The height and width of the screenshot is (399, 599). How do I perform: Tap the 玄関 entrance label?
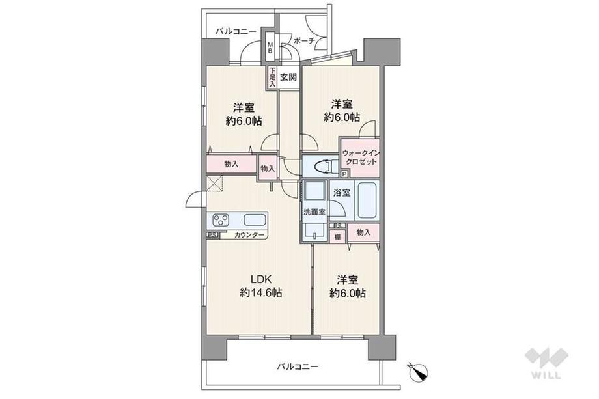288,77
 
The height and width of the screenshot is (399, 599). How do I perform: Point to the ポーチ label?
304,41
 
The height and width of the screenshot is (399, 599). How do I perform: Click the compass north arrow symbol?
417,370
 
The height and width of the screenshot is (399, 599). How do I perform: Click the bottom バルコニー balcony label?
297,367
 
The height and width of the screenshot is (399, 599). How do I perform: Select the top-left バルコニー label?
236,31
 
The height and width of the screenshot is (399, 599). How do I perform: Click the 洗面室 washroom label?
313,212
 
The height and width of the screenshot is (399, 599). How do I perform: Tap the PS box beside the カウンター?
212,235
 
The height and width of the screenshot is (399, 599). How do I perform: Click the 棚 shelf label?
337,237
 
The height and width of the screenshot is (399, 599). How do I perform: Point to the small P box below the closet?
344,174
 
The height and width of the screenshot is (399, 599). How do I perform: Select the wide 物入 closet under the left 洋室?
230,163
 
